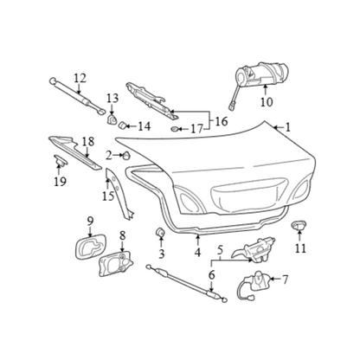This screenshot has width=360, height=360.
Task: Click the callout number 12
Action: [x=80, y=78]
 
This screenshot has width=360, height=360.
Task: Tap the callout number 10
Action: [x=267, y=102]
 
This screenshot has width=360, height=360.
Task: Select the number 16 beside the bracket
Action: [x=222, y=121]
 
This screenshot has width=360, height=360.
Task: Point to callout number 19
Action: [x=61, y=181]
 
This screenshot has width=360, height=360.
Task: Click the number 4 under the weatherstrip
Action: [x=197, y=253]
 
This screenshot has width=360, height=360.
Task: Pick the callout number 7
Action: [x=285, y=280]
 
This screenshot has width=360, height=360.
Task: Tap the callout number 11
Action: [x=300, y=248]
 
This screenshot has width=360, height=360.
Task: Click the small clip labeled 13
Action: [x=112, y=119]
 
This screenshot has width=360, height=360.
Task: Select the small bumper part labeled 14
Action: [x=122, y=125]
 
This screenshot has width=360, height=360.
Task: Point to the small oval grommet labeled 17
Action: [x=174, y=129]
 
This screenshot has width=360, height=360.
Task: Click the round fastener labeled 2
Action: [x=126, y=155]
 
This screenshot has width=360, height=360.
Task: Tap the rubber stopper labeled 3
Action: [x=160, y=232]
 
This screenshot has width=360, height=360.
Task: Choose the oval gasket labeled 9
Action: [x=90, y=247]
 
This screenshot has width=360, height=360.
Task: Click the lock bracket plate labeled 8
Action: [x=116, y=263]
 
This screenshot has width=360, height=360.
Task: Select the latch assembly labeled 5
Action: [x=254, y=248]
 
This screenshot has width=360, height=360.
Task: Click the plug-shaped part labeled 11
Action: [x=299, y=225]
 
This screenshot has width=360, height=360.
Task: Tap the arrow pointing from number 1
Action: [x=279, y=127]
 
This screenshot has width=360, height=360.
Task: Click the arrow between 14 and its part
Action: [x=132, y=126]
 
